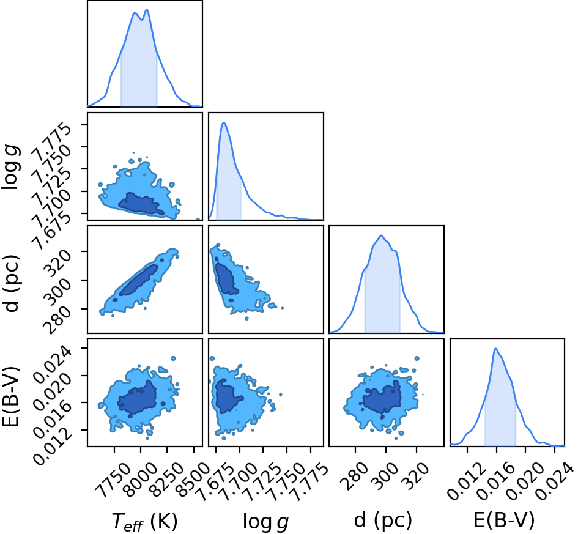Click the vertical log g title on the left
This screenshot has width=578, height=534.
(x=10, y=167)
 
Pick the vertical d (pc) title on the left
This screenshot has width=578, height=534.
(x=11, y=283)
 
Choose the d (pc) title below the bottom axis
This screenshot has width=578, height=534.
(x=383, y=521)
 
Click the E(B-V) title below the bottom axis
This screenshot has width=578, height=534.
(x=504, y=521)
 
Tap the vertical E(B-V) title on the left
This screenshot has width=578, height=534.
(x=10, y=396)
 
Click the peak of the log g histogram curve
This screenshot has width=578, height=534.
(x=224, y=122)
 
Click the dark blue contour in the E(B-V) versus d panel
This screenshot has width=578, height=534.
(x=382, y=398)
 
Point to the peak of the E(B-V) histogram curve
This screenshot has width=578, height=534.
(x=496, y=348)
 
